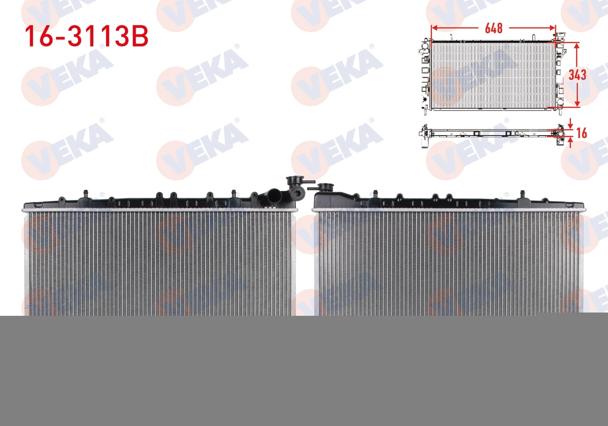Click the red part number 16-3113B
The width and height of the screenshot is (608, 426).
(x=87, y=37)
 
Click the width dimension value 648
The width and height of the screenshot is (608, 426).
(x=494, y=28)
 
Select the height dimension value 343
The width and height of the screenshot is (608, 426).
(x=578, y=75)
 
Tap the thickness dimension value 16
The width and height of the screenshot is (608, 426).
(x=581, y=133)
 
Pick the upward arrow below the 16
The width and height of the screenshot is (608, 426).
(x=571, y=142)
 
